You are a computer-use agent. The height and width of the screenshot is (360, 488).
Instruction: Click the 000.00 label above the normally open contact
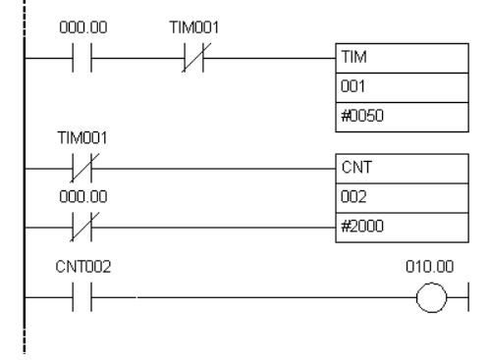click(83, 27)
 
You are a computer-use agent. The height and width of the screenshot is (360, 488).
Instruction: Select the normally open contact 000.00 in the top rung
click(81, 58)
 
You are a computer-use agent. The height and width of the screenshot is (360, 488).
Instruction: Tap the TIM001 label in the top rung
click(193, 27)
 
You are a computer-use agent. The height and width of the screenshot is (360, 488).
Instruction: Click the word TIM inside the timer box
click(353, 57)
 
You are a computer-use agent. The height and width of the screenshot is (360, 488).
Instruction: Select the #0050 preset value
click(362, 116)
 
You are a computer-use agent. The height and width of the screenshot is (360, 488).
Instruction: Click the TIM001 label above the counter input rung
click(82, 138)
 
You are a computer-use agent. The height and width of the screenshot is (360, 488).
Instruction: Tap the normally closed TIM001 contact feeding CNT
click(84, 168)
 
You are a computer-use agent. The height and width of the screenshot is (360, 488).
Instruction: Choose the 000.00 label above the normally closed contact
click(83, 197)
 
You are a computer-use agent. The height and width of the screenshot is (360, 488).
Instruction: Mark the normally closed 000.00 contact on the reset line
click(84, 227)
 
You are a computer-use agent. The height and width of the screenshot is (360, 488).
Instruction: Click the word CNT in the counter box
click(356, 168)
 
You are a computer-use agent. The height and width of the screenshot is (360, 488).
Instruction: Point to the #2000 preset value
click(362, 227)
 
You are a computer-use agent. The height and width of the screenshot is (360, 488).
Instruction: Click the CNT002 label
click(83, 267)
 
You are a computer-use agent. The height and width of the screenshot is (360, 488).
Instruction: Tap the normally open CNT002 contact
click(81, 297)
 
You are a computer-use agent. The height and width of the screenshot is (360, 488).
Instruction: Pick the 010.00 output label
click(429, 267)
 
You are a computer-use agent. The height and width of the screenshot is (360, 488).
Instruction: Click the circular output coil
click(416, 297)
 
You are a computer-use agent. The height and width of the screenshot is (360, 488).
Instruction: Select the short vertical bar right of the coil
click(468, 297)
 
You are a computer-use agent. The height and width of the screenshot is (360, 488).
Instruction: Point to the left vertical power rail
click(25, 177)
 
